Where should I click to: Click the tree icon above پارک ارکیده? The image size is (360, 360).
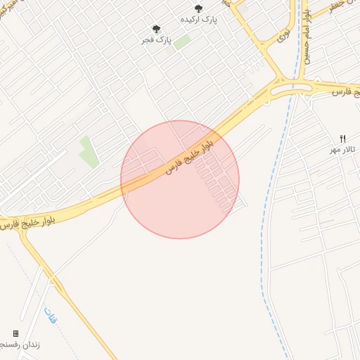[198, 8]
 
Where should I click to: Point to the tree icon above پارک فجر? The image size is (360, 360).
[156, 29]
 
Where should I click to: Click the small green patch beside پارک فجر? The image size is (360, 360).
[182, 41]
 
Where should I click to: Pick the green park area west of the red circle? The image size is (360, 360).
[89, 152]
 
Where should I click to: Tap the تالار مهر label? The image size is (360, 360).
[345, 150]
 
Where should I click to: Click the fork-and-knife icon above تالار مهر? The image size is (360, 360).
[343, 138]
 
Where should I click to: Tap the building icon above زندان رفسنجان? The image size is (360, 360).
[15, 333]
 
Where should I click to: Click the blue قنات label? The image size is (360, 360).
[50, 316]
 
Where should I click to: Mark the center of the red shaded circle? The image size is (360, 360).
[180, 179]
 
